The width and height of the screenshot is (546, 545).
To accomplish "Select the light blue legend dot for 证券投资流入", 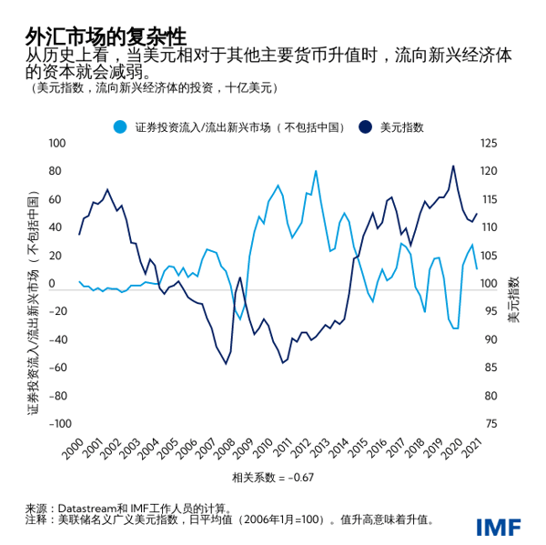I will tap(119, 126).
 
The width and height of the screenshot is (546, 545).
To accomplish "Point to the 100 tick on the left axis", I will tap(59, 144).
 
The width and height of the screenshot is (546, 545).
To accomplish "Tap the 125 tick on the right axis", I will tap(490, 144).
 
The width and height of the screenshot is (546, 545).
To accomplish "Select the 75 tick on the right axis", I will tap(489, 424).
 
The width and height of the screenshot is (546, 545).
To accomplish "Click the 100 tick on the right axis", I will tap(490, 284).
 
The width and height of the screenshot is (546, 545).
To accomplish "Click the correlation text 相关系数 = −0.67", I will tap(272, 476).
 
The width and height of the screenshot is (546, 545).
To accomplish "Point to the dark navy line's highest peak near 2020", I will tap(454, 166).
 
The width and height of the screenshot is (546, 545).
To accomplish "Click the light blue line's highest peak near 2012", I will tap(316, 171).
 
